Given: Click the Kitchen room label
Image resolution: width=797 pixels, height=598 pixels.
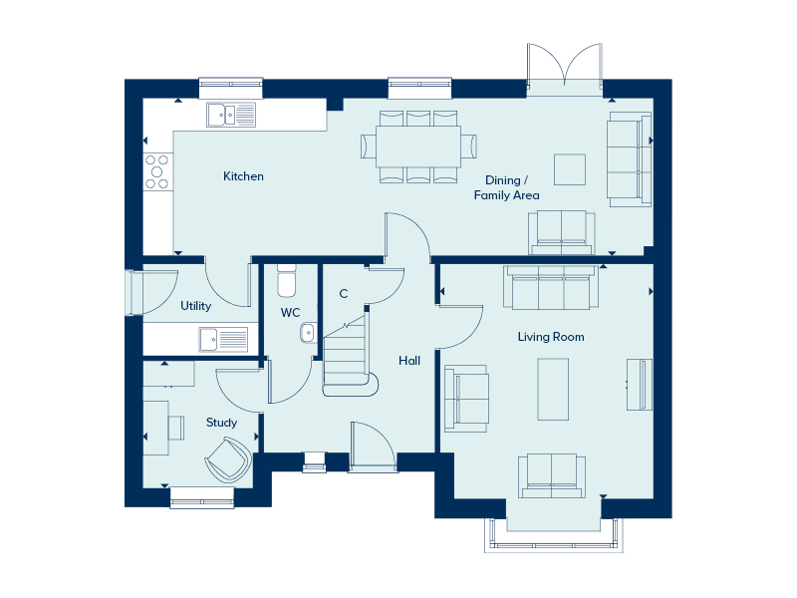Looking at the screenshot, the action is tap(243, 176).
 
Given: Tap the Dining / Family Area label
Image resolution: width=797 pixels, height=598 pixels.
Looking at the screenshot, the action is tap(506, 187).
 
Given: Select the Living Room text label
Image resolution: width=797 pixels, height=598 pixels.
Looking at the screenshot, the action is tap(551, 337).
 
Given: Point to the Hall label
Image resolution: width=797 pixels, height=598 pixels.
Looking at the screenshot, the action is tap(409, 361).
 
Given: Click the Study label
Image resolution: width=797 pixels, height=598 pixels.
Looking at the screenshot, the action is tap(221, 423).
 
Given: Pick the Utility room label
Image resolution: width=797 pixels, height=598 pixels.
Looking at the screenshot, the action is tap(195, 306).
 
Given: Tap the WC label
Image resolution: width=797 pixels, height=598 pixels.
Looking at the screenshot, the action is tap(290, 313).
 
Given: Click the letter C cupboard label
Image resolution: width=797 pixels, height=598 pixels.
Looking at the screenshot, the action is tap(344, 293).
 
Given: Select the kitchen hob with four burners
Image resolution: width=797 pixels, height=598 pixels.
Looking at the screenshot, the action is tap(157, 171).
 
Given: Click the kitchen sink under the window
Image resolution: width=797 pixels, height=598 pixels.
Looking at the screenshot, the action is tap(231, 115).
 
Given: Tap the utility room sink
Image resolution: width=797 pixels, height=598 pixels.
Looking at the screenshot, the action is tap(223, 339).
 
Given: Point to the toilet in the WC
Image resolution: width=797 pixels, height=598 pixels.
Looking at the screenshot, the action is tap(287, 281).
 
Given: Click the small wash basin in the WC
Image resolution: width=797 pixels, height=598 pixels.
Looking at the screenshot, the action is tap(308, 333).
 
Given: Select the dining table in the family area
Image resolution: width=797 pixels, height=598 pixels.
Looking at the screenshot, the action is tap(418, 147).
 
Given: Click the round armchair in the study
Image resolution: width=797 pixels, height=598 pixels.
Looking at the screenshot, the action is tap(229, 460).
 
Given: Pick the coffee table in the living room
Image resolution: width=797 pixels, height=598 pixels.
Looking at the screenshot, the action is tap(553, 389).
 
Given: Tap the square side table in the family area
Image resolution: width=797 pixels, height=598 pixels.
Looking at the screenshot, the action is tap(570, 169).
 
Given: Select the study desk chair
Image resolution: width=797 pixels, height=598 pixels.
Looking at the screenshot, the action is tap(176, 428).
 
